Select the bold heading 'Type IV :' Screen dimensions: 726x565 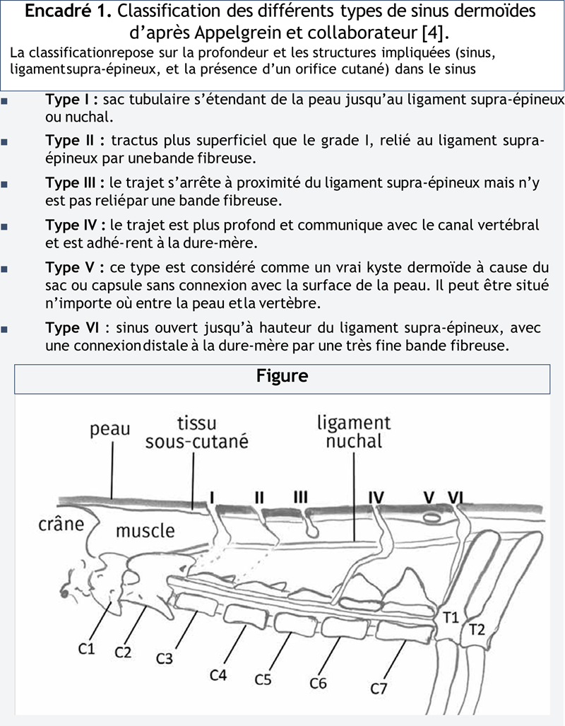tap(76, 226)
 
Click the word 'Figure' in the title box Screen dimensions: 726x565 tap(282, 376)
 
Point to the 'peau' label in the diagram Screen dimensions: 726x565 tap(109, 430)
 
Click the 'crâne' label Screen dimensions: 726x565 tap(61, 525)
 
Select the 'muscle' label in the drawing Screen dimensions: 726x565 tap(145, 530)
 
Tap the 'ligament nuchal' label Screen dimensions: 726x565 tap(353, 432)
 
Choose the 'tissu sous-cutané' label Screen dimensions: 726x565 tap(196, 433)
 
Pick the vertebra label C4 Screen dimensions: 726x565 tap(218, 675)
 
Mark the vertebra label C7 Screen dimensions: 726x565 tap(379, 688)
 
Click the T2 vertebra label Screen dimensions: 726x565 tap(477, 630)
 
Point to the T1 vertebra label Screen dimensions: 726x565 tap(451, 617)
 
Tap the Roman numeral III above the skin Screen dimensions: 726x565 tap(300, 497)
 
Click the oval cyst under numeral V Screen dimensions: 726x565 tap(429, 518)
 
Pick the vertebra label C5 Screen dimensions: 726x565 tap(263, 680)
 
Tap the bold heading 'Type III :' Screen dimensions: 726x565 tap(77, 184)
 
